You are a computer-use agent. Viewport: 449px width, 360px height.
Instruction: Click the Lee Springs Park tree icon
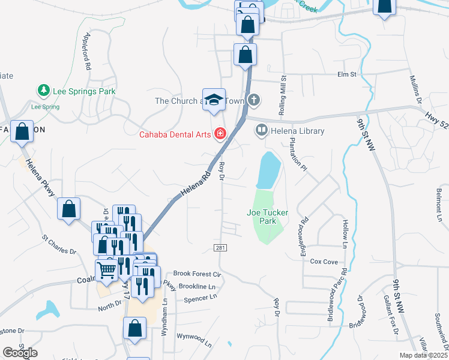43,91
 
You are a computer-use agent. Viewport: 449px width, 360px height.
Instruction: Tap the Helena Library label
298,131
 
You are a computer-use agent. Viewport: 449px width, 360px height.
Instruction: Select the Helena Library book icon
262,130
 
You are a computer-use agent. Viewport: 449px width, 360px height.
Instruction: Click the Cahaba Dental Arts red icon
221,134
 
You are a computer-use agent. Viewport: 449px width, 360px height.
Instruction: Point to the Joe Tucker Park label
268,217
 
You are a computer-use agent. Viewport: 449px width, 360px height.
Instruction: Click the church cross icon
255,100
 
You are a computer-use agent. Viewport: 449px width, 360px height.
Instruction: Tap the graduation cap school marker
214,101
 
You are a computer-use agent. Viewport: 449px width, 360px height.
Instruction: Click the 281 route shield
220,248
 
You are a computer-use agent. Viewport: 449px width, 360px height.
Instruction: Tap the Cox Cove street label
324,262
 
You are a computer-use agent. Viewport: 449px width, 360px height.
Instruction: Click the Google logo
20,353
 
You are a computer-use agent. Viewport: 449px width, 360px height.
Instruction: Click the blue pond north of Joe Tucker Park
268,170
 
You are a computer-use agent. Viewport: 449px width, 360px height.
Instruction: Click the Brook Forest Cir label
197,274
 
